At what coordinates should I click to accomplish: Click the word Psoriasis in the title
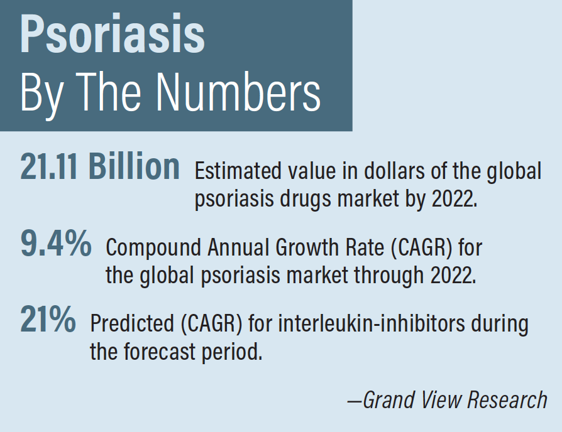(112, 34)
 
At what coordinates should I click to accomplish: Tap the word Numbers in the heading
(238, 92)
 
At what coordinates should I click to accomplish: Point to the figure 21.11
(49, 166)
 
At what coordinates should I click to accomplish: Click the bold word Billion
(134, 166)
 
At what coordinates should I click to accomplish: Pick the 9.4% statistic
(56, 244)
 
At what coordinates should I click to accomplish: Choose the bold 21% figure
(48, 319)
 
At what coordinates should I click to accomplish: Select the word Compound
(153, 247)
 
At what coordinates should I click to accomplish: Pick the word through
(389, 276)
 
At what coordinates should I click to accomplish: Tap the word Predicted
(132, 323)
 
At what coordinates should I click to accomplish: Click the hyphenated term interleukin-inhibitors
(372, 323)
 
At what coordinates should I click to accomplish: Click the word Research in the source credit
(507, 399)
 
